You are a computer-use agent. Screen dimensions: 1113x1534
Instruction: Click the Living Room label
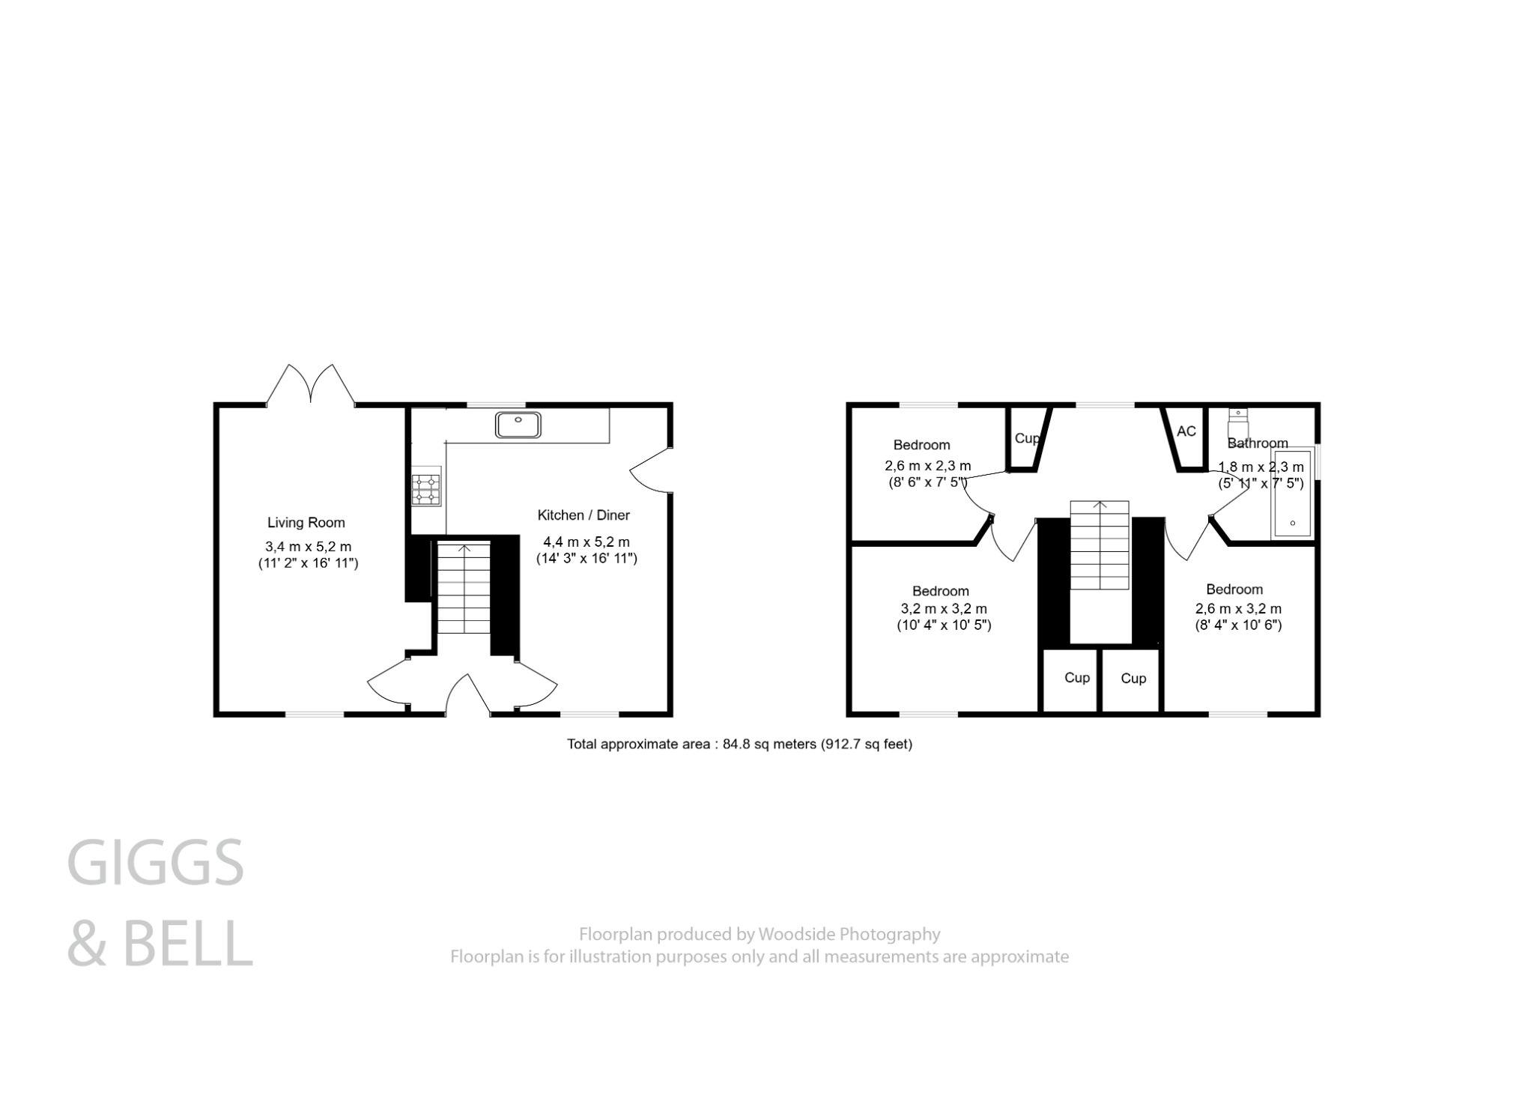click(306, 523)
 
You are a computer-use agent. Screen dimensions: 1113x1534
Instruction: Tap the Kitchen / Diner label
click(583, 515)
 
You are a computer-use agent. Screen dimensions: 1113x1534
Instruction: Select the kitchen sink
click(518, 425)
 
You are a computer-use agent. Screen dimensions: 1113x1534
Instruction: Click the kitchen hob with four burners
click(426, 489)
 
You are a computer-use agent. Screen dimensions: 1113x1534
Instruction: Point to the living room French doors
click(310, 386)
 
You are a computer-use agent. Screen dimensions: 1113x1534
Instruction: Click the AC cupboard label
click(1186, 431)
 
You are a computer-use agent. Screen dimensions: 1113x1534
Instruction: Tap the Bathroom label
click(1258, 443)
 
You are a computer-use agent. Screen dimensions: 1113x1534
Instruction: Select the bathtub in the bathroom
click(1292, 494)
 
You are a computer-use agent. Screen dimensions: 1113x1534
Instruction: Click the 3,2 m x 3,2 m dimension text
click(944, 609)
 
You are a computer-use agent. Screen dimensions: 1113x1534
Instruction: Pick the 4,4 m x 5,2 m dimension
click(586, 542)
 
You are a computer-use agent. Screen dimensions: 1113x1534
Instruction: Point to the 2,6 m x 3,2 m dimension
click(1238, 609)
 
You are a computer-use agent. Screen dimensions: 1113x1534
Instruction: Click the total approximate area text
click(739, 744)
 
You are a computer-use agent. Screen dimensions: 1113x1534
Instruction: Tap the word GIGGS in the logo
click(156, 863)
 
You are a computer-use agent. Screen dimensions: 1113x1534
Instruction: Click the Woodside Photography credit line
click(759, 934)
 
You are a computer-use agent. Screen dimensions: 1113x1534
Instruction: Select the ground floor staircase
click(464, 589)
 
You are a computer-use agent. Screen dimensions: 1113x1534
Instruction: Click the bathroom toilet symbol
click(1237, 423)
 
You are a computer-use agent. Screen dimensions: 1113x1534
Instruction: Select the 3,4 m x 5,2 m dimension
click(308, 547)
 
